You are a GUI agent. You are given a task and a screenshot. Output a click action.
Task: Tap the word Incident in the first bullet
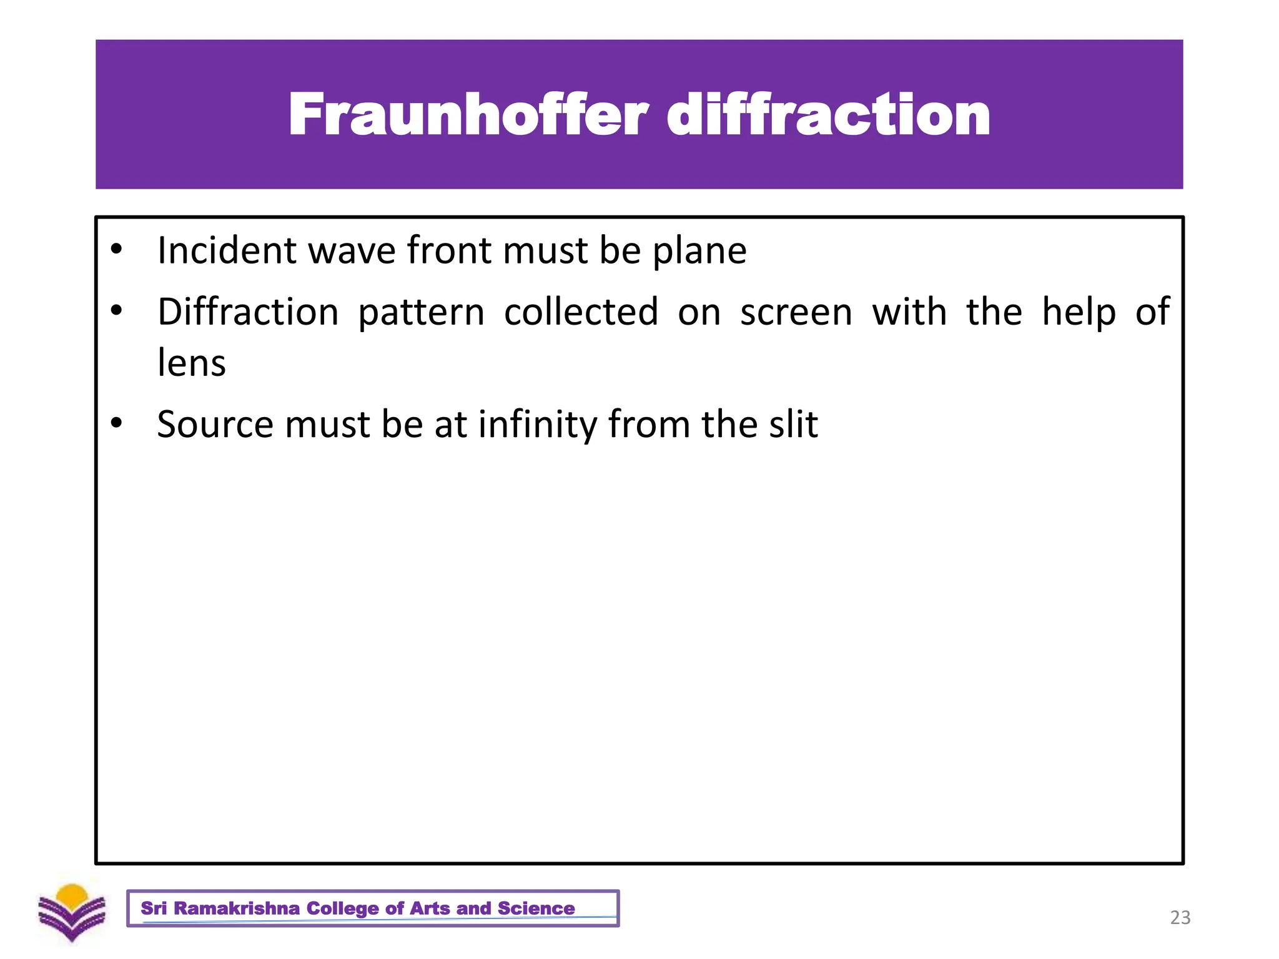[227, 250]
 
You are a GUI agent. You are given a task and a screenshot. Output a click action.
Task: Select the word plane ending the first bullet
[699, 252]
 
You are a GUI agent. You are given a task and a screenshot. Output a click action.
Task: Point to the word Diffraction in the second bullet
[248, 312]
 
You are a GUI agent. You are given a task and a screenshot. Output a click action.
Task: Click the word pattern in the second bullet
[421, 313]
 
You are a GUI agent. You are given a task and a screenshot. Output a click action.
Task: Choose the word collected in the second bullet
[581, 312]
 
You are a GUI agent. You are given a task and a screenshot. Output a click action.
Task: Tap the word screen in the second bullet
[796, 313]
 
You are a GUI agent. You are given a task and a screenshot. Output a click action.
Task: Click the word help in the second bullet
[1079, 312]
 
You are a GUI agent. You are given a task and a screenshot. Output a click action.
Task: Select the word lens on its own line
[191, 363]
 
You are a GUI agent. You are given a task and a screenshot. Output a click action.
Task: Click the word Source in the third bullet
[215, 425]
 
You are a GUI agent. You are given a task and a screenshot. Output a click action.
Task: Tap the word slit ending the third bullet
[793, 425]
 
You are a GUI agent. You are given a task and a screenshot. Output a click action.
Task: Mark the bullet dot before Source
[116, 423]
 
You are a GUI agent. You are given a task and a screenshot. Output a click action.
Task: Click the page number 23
[1180, 917]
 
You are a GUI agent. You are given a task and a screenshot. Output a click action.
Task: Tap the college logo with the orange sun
[72, 912]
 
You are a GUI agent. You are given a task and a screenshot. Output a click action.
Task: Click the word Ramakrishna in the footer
[236, 908]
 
